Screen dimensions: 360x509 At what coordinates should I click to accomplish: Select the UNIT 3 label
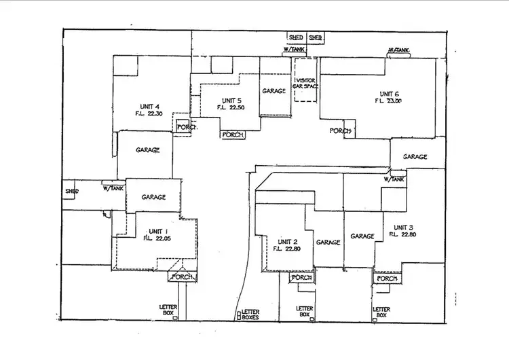point(402,228)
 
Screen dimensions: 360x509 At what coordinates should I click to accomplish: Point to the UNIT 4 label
point(149,107)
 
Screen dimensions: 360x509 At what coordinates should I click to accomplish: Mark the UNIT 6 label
point(389,94)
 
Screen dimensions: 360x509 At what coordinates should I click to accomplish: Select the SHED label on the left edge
point(72,192)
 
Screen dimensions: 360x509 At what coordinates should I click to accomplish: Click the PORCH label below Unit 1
point(184,277)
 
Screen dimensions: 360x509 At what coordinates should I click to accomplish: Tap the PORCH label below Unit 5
point(233,134)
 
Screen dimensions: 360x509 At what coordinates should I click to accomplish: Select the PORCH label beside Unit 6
point(341,131)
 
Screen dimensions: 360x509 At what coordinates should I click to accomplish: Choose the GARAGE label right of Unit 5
point(274,91)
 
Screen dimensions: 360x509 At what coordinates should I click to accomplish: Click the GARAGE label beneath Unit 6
point(415,157)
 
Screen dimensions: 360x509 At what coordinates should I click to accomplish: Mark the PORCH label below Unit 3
point(387,278)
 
